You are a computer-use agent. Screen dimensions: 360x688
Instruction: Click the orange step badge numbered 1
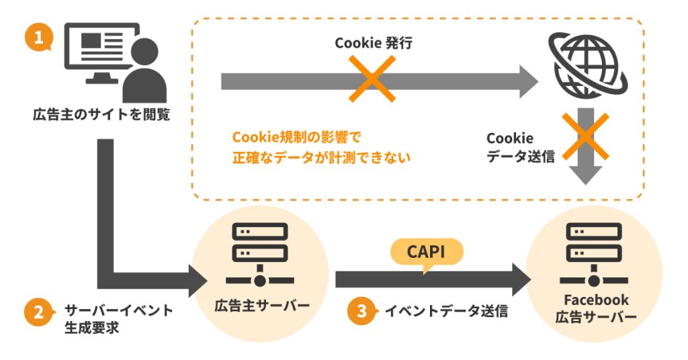pyautogui.click(x=39, y=38)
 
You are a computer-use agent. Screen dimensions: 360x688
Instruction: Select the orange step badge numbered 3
pyautogui.click(x=361, y=312)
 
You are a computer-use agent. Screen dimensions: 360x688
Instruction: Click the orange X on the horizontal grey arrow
pyautogui.click(x=372, y=79)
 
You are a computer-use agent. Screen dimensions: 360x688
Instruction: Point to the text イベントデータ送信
pyautogui.click(x=446, y=312)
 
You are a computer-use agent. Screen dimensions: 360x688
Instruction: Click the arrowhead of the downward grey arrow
pyautogui.click(x=587, y=176)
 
